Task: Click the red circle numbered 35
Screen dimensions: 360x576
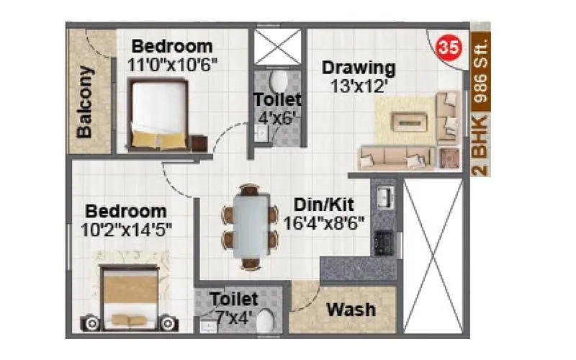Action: pos(448,48)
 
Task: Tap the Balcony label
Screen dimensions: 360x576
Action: pos(85,102)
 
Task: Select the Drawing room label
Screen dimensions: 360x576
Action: pos(359,68)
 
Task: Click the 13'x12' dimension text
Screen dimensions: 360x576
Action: pos(359,85)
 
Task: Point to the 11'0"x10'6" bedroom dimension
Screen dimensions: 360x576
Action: pos(173,64)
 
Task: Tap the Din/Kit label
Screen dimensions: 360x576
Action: pos(323,204)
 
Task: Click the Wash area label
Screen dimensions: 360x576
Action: pos(351,310)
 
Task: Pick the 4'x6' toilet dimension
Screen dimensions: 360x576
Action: pos(277,117)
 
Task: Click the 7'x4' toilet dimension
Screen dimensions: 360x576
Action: pos(233,315)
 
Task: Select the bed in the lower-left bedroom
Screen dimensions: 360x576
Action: pos(130,295)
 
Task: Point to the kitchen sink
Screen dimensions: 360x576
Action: pos(383,195)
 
